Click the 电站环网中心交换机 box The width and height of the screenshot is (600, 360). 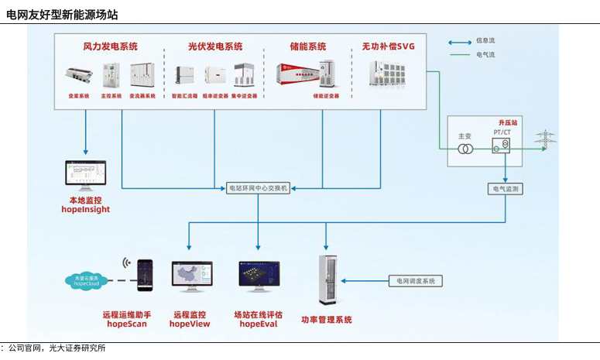(259, 188)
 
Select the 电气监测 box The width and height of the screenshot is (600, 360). (506, 188)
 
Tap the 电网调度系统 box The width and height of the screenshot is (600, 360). (416, 281)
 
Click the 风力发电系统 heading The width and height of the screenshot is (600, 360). (111, 46)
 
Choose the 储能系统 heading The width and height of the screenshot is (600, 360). (307, 46)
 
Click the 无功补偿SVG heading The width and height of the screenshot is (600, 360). (388, 46)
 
